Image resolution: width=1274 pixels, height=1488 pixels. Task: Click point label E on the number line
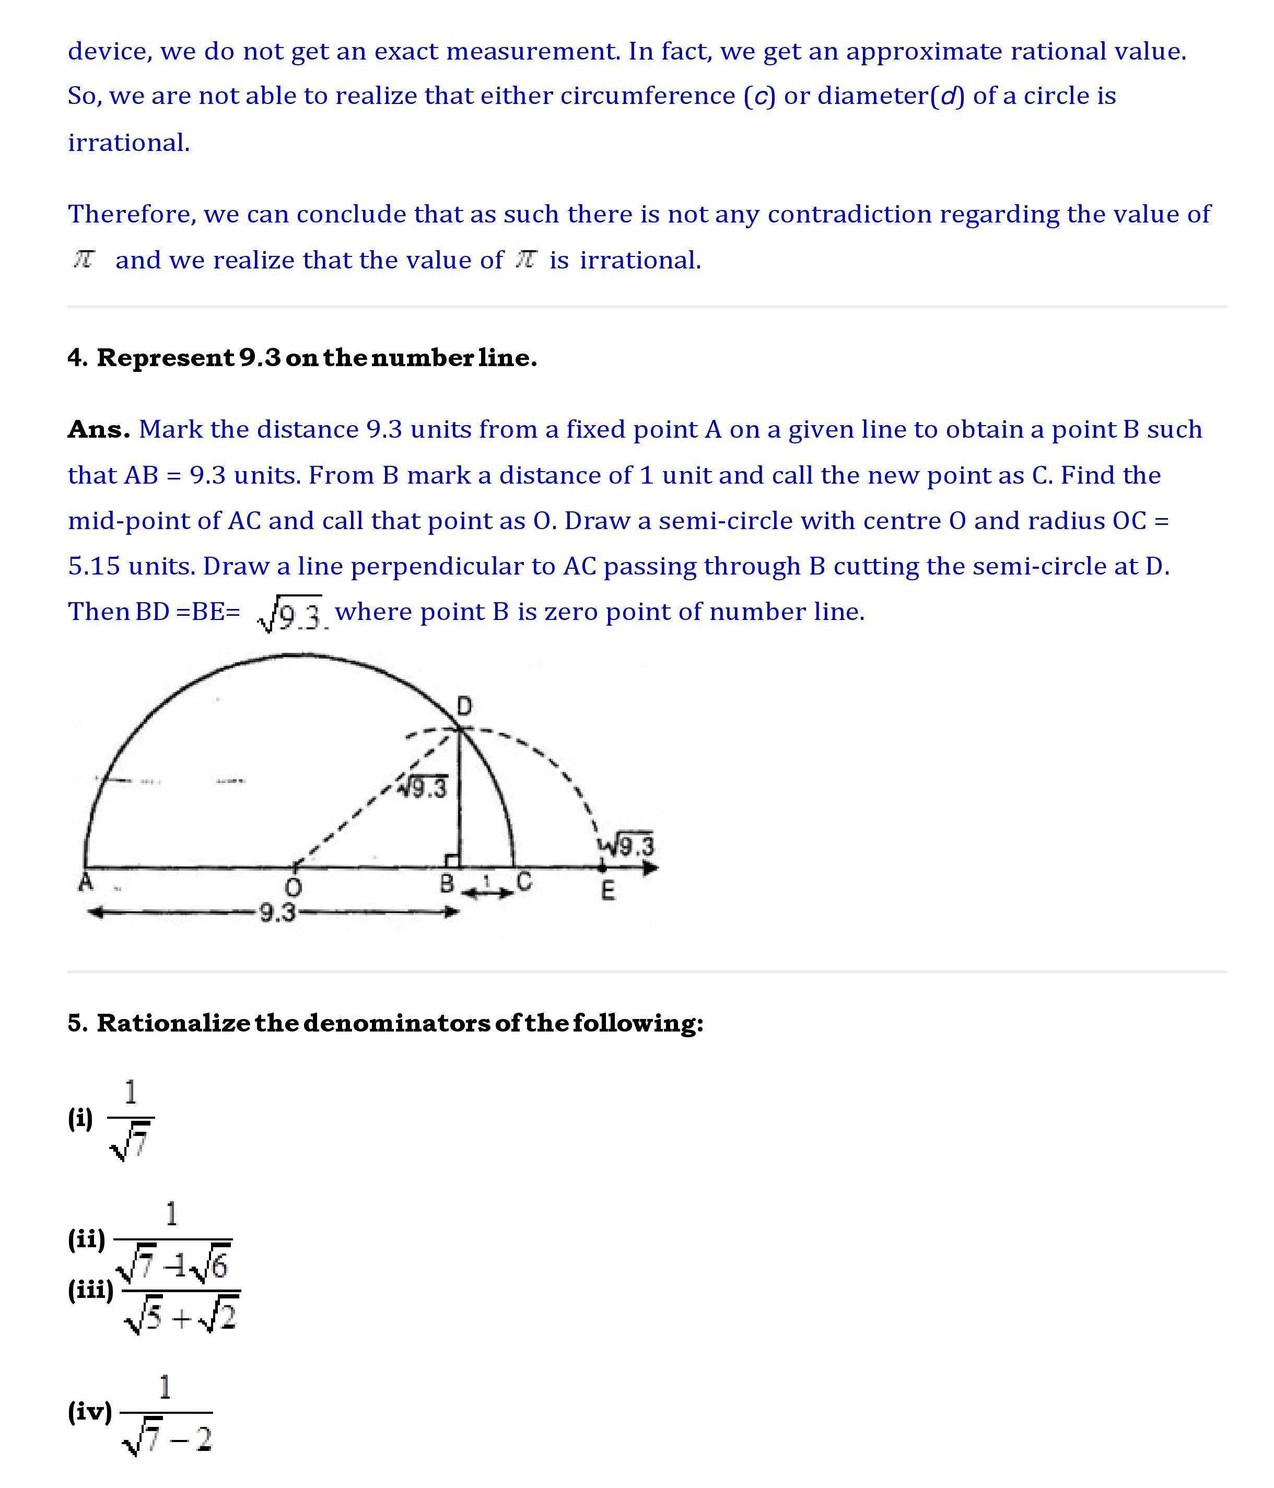(607, 891)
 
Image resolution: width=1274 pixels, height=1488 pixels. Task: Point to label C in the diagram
(524, 881)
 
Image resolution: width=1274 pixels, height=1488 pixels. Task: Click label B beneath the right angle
(447, 883)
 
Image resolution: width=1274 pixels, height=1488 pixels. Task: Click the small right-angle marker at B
(452, 860)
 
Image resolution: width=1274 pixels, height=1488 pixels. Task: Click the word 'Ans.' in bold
(98, 429)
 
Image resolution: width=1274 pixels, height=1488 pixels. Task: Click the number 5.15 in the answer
(94, 567)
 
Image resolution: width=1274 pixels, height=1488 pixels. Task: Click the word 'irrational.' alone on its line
(129, 143)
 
